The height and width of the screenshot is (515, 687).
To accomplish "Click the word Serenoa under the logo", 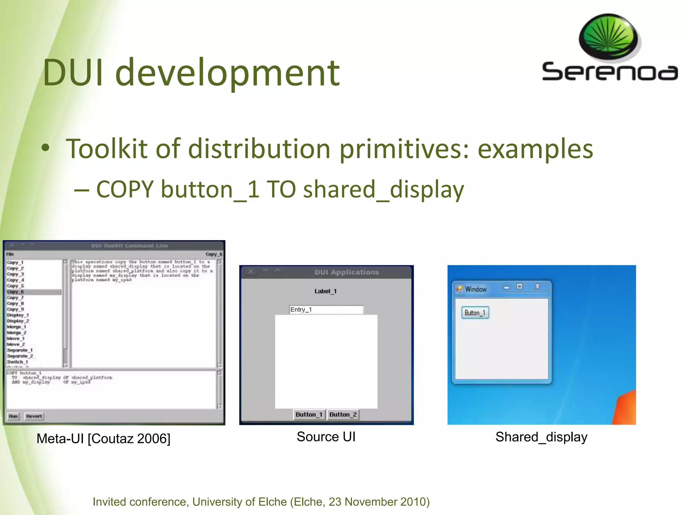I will (x=610, y=72).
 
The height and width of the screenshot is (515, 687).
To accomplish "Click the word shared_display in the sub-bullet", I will (x=383, y=190).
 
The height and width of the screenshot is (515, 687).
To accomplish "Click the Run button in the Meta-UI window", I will (x=13, y=416).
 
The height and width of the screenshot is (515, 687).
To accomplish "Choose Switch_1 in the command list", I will (x=17, y=362).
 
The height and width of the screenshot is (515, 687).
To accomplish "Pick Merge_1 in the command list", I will (x=16, y=327).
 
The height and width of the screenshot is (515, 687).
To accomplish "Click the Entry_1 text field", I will (x=326, y=309).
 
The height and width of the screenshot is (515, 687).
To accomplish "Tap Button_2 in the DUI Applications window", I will (x=343, y=415).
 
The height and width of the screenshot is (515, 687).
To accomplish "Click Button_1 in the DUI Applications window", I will (x=309, y=415).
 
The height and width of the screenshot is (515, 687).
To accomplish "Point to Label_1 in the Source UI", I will (x=325, y=291).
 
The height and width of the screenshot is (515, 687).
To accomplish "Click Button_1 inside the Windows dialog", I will (x=475, y=313).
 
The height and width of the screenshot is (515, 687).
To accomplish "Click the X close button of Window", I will (x=537, y=286).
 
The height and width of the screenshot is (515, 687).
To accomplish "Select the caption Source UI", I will (x=326, y=437).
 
